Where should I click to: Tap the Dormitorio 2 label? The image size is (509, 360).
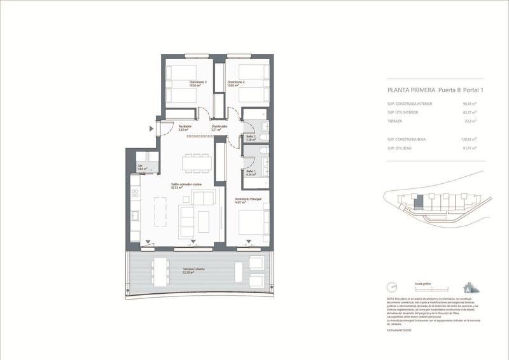click(x=236, y=83)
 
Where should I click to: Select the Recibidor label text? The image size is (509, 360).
click(x=185, y=126)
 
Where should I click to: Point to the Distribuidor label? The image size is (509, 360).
click(x=220, y=126)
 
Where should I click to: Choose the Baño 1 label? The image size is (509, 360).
click(x=250, y=171)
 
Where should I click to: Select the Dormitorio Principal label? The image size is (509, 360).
click(x=248, y=199)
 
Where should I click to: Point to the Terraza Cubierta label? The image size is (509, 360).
click(x=194, y=271)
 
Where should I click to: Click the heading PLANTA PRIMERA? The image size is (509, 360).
click(x=408, y=90)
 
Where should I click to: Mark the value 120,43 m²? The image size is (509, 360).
click(x=468, y=139)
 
